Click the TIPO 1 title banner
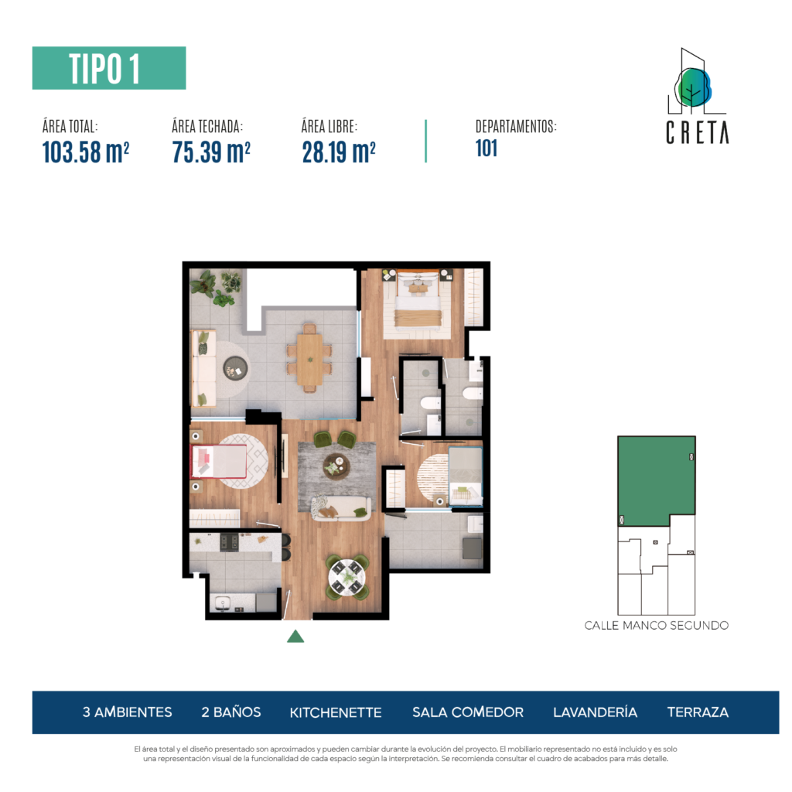pos(109,68)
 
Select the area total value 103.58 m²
pos(86,152)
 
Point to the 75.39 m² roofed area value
pos(211,152)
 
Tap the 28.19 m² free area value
pos(339,152)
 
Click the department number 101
pos(486,148)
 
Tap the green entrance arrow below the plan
pos(295,637)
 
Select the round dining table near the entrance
pos(346,576)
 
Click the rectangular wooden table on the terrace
pos(309,359)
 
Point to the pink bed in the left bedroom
pos(219,461)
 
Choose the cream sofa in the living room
pos(340,508)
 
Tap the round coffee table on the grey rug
pos(336,466)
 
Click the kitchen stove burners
pos(229,542)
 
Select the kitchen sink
pos(223,603)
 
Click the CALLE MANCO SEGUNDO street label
pos(656,625)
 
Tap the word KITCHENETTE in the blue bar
pos(336,712)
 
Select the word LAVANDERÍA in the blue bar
pos(595,712)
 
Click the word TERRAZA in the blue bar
pos(698,712)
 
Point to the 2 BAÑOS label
pos(230,712)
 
